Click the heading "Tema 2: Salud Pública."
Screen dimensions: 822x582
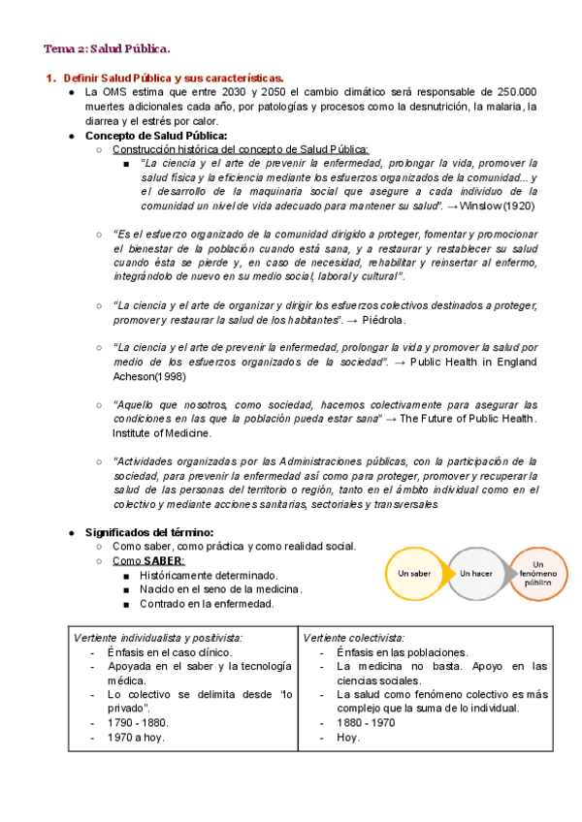(x=108, y=48)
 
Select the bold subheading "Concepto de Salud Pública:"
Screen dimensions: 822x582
(x=152, y=136)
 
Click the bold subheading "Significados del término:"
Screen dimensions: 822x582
(x=149, y=532)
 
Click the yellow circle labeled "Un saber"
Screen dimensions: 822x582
(x=414, y=573)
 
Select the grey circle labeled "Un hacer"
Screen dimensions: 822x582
(x=476, y=573)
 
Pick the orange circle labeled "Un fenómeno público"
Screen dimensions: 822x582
(x=538, y=573)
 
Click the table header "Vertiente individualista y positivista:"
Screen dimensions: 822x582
(x=159, y=637)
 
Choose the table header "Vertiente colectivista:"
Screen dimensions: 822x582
(x=354, y=637)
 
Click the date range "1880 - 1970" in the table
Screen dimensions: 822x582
(x=365, y=723)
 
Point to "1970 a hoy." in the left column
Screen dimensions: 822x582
(x=136, y=737)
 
